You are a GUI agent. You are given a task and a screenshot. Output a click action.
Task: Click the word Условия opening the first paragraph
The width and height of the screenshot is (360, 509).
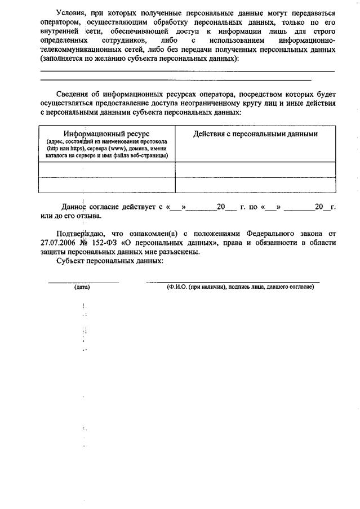(x=72, y=12)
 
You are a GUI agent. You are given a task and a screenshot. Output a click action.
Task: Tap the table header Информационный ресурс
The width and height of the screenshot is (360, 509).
(x=106, y=134)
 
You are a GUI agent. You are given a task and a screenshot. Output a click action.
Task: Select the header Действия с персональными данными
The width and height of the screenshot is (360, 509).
(x=255, y=134)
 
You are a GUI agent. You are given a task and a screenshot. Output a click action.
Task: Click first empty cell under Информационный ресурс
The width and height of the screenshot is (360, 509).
(x=106, y=169)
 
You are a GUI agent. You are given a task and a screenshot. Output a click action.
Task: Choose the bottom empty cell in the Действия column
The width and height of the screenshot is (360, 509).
(x=255, y=185)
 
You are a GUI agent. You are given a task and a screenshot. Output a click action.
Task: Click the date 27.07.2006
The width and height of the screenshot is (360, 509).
(x=59, y=243)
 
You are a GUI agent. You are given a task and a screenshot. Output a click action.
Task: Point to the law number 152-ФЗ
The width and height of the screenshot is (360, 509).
(x=104, y=243)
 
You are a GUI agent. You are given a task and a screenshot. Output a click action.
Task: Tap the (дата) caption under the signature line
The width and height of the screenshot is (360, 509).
(x=82, y=287)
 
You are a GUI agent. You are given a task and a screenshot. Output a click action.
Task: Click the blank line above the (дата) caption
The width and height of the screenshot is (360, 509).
(x=83, y=280)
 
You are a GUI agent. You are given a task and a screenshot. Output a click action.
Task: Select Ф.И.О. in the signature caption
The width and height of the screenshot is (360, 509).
(x=177, y=287)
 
